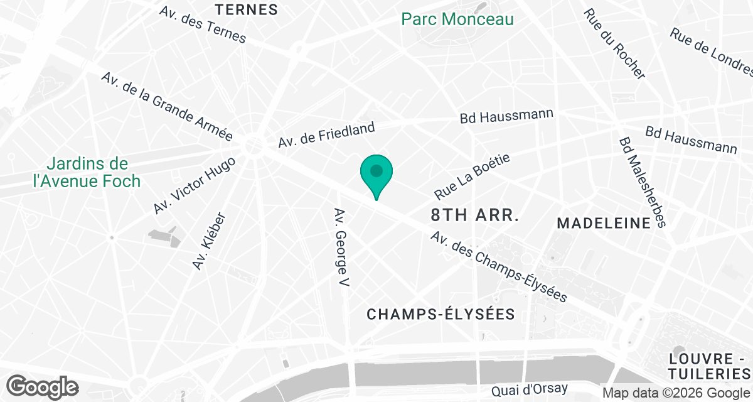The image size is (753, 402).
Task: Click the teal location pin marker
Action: point(376,173)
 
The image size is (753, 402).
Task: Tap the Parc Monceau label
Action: point(457,19)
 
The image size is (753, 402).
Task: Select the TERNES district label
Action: point(246,9)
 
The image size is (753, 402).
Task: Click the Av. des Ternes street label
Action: point(203,26)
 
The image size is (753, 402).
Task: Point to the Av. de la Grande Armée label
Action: point(167,107)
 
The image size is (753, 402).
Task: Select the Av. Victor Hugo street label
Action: point(194,185)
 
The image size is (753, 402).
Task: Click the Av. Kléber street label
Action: point(209,241)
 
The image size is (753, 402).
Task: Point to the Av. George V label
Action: point(341,249)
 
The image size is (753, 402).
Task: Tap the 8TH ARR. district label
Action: point(475,215)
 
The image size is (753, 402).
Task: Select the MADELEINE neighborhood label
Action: point(604,223)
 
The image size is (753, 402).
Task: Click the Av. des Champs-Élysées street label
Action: point(499,266)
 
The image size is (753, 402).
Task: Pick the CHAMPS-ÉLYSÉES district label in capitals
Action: point(441,314)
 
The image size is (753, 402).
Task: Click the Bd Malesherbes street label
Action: point(641,183)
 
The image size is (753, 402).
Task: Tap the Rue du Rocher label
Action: point(614,44)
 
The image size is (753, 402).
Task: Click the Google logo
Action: point(43,386)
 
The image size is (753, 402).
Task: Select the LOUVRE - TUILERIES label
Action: point(710,366)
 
